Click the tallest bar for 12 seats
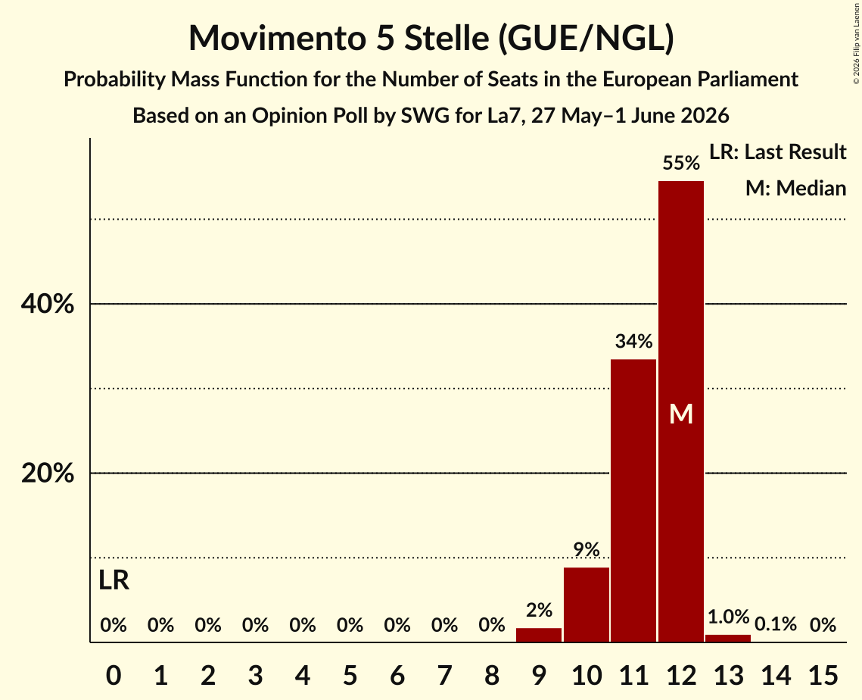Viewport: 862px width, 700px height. [x=681, y=411]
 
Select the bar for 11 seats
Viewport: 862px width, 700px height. [x=634, y=501]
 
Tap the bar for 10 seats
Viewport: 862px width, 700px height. [x=587, y=605]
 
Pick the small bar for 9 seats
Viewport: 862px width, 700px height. [x=539, y=635]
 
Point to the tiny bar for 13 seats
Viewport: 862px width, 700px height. [x=728, y=639]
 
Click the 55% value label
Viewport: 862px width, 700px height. [x=681, y=163]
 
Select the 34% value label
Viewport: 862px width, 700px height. [x=634, y=341]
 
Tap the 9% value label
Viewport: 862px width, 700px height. [x=587, y=549]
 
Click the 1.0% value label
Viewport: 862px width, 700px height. [x=728, y=617]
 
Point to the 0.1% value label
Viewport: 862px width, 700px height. [x=776, y=624]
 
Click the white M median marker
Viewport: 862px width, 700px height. [x=681, y=414]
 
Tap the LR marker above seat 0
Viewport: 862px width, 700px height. [x=114, y=580]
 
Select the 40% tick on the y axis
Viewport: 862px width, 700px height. [x=47, y=304]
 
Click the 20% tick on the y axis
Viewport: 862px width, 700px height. [x=47, y=473]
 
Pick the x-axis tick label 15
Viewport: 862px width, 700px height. [x=823, y=675]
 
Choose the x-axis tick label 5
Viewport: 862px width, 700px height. [x=350, y=675]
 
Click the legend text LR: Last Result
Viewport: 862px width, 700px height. [x=778, y=152]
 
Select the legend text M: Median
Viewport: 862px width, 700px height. [x=796, y=188]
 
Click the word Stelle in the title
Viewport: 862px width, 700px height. [x=447, y=38]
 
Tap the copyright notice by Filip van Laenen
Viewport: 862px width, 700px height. [x=857, y=43]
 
